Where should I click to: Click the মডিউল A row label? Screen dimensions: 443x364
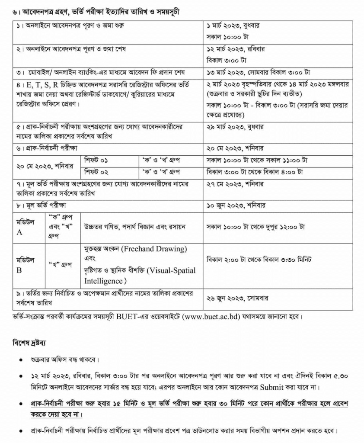click(x=24, y=226)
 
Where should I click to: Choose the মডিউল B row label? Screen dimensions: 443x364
click(x=24, y=264)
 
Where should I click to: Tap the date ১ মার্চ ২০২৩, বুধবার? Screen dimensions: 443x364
click(x=233, y=26)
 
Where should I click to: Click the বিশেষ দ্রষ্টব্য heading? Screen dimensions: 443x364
click(x=30, y=343)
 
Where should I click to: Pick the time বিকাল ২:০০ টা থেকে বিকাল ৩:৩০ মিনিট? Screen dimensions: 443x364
click(x=259, y=259)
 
